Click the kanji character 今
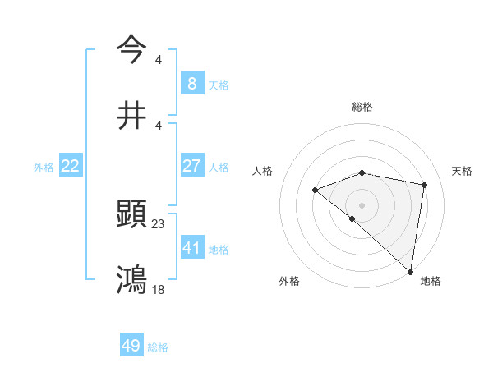[x=132, y=48]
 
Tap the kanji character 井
[x=132, y=116]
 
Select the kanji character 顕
[x=132, y=215]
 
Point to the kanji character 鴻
[x=132, y=279]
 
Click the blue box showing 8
[x=191, y=84]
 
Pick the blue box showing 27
[x=191, y=166]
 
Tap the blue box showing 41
[x=191, y=247]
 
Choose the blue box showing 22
[x=70, y=166]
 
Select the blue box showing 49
[x=131, y=346]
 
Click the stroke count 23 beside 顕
[x=159, y=223]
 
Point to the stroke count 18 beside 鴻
[x=159, y=289]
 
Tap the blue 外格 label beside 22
[x=44, y=168]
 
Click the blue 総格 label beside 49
[x=158, y=347]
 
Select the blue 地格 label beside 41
[x=219, y=249]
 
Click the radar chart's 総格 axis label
[x=362, y=107]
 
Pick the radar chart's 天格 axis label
[x=463, y=171]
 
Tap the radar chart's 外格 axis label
[x=289, y=281]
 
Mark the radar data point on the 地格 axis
[x=410, y=271]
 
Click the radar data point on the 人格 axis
[x=315, y=190]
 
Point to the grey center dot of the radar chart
[x=362, y=204]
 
